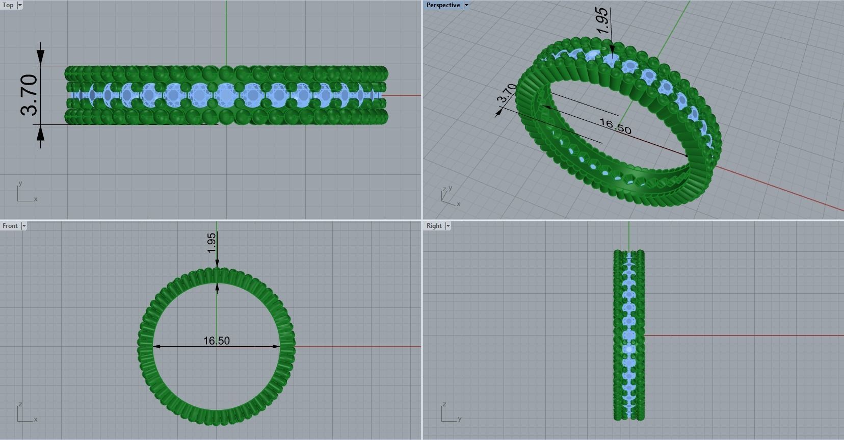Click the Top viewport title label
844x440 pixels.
point(8,5)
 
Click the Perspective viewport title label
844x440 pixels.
point(443,5)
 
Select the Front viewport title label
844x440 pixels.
point(10,226)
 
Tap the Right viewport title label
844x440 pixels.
point(434,226)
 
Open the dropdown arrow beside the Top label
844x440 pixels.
point(20,5)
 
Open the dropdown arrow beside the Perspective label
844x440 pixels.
point(466,5)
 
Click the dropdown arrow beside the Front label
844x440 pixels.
point(23,226)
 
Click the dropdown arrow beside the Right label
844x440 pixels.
point(448,226)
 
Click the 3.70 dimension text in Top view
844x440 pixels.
point(29,95)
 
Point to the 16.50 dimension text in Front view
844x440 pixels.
point(216,341)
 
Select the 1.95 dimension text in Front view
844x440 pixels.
point(212,243)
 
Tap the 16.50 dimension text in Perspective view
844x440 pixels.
point(615,126)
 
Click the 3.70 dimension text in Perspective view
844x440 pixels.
point(507,94)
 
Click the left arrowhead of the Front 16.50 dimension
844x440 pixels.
point(156,347)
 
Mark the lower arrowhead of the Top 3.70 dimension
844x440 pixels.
point(40,133)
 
